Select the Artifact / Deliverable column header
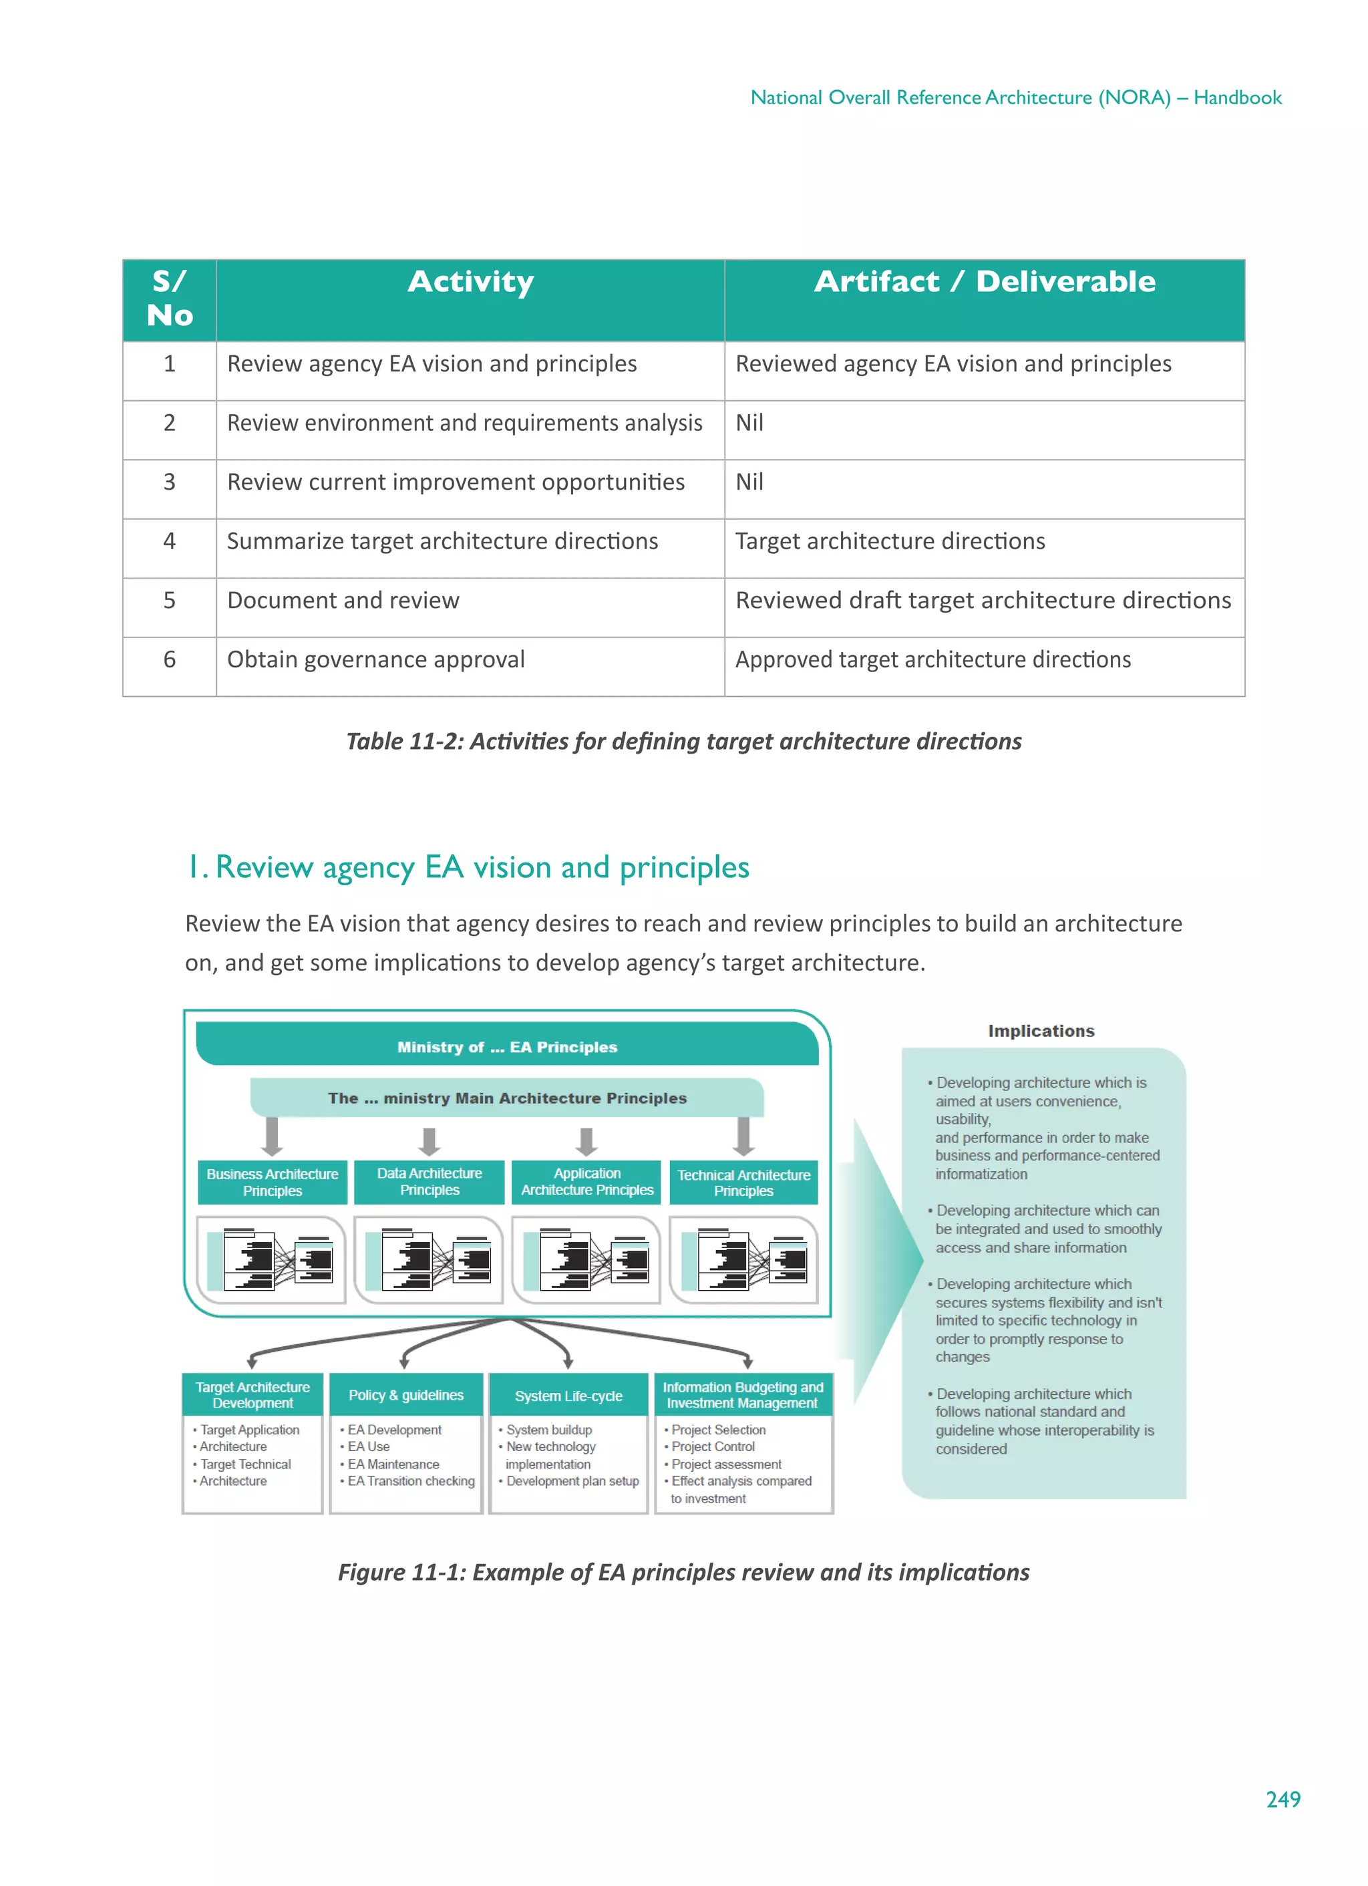click(984, 283)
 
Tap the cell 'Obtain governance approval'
click(376, 660)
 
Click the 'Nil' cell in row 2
click(749, 424)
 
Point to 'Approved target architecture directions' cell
click(932, 660)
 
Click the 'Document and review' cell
click(343, 601)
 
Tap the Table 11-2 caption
click(683, 742)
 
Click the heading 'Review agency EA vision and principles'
click(482, 867)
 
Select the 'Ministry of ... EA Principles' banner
click(506, 1047)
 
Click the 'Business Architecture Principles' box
click(272, 1183)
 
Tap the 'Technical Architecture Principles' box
click(743, 1183)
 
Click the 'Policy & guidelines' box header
click(406, 1396)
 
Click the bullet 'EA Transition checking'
click(411, 1481)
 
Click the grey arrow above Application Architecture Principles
click(586, 1141)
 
